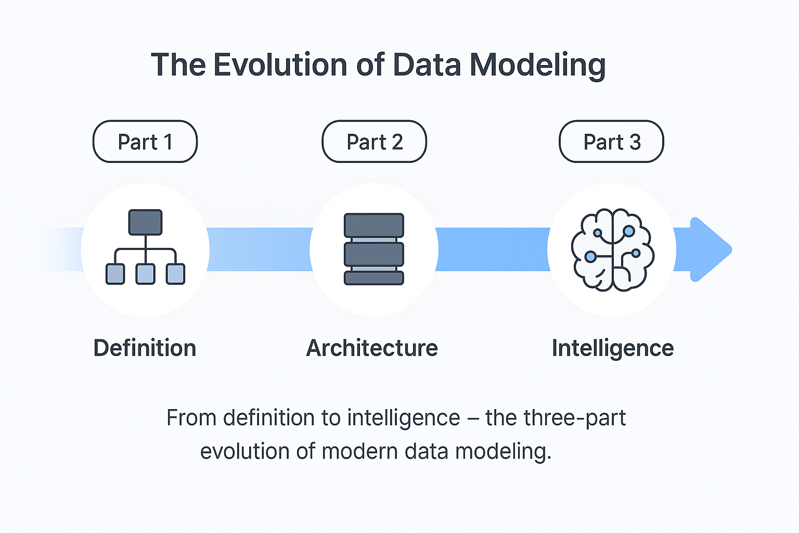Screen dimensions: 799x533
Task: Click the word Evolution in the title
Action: [280, 65]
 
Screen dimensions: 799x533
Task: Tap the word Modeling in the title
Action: [537, 65]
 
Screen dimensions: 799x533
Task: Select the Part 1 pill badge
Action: [145, 142]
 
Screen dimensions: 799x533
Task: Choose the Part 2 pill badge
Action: [375, 142]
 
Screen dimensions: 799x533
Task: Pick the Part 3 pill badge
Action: [611, 142]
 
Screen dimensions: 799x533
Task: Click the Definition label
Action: [145, 348]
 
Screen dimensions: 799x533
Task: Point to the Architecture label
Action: [372, 348]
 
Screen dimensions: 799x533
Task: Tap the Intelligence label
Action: [613, 348]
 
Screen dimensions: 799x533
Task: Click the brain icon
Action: [612, 249]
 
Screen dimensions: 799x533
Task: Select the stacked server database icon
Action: [374, 249]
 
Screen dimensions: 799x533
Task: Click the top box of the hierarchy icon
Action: [145, 222]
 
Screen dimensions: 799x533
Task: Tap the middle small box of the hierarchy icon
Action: [145, 274]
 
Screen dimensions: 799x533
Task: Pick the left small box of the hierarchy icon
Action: [115, 274]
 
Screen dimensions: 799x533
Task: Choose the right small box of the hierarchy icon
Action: [175, 274]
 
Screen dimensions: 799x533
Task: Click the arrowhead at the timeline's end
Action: [710, 249]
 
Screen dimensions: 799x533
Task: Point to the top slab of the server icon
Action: [374, 225]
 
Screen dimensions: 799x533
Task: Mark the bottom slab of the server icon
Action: [374, 277]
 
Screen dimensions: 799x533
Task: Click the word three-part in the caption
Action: [575, 418]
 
